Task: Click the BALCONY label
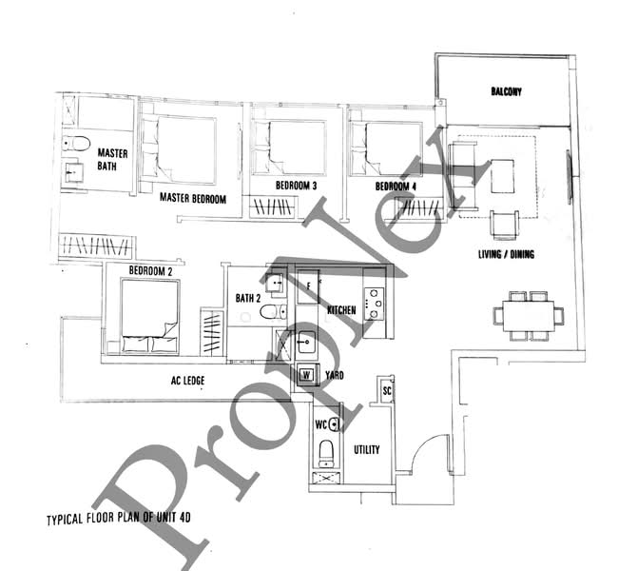coord(506,91)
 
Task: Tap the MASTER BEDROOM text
coord(193,198)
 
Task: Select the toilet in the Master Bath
coord(76,144)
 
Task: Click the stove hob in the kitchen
coord(374,304)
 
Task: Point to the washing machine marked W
coord(306,375)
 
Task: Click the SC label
coord(387,391)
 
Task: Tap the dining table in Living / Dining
coord(528,316)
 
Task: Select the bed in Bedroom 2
coord(150,316)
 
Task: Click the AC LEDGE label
coord(187,381)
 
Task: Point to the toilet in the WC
coord(326,454)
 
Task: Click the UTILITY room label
coord(367,449)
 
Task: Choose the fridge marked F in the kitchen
coord(308,286)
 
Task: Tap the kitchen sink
coord(306,342)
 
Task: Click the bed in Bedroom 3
coord(290,148)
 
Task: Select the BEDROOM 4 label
coord(396,187)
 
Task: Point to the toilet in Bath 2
coord(273,312)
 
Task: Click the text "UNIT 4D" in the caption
coord(173,517)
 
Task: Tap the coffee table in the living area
coord(503,176)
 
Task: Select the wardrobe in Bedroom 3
coord(272,207)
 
